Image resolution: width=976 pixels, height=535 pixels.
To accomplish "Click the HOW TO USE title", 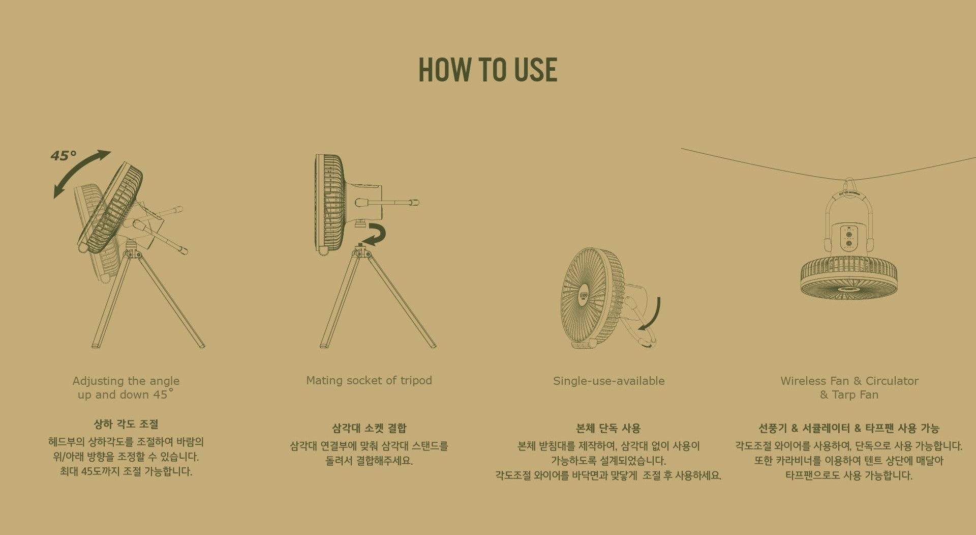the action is (487, 70).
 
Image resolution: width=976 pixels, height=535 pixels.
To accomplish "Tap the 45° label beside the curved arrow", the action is (64, 156).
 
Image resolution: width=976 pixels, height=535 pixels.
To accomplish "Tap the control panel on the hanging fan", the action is (848, 238).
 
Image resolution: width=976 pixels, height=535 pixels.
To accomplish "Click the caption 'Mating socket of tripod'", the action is (369, 380).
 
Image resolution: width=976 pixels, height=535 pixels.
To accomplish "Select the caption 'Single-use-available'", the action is (608, 381).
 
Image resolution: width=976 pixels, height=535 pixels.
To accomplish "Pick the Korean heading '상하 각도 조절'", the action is (126, 424).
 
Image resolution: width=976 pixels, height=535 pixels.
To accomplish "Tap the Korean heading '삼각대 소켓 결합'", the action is (369, 428).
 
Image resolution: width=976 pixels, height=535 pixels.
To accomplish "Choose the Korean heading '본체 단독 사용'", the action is (608, 428).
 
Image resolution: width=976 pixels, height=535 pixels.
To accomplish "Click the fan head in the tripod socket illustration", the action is (330, 204).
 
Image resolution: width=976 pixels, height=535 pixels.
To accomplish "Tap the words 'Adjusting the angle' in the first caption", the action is (126, 381).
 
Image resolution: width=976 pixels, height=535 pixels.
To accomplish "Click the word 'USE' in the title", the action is (536, 70).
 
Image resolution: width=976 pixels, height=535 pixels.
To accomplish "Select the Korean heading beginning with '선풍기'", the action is (849, 428).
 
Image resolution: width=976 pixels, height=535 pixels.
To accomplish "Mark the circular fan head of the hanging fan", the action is (849, 278).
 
